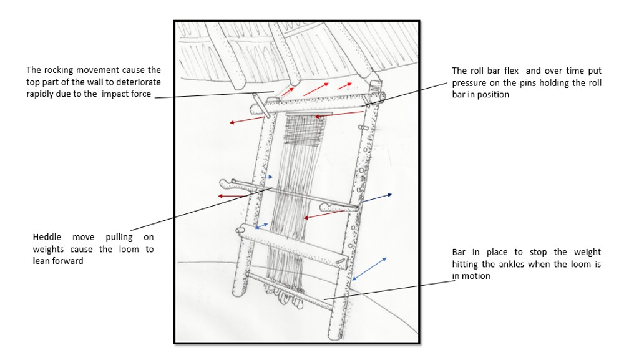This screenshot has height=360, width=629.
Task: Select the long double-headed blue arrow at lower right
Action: (369, 268)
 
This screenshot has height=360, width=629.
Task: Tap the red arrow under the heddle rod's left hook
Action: (232, 196)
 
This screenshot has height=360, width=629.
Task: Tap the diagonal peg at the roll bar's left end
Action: (261, 105)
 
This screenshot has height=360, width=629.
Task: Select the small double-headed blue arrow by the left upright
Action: (262, 225)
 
